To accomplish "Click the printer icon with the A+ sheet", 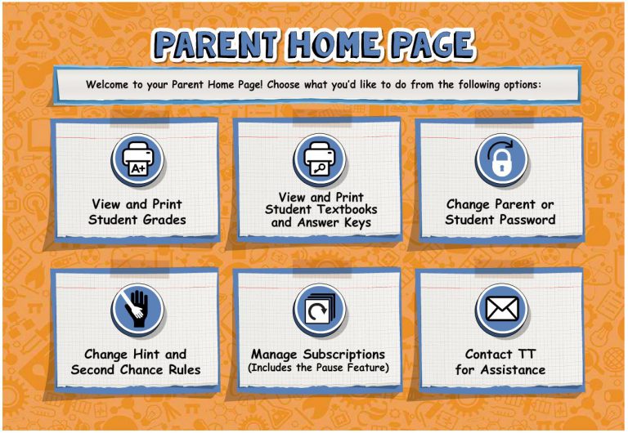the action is pos(137,160).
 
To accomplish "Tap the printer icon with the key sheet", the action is pos(320,160).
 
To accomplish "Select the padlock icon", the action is pos(502,160).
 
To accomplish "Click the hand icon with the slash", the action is pos(137,310).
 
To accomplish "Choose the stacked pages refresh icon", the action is pos(320,310).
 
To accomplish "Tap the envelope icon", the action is pos(502,310).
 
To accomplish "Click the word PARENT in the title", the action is pos(217,44).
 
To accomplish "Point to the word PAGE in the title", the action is pos(433,44).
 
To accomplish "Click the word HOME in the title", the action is pos(334,44).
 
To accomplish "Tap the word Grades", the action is pos(164,220).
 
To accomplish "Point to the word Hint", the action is pos(146,355).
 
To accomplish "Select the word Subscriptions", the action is pos(344,355).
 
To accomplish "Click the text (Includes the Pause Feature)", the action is pos(318,368).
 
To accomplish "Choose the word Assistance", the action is pos(513,370).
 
